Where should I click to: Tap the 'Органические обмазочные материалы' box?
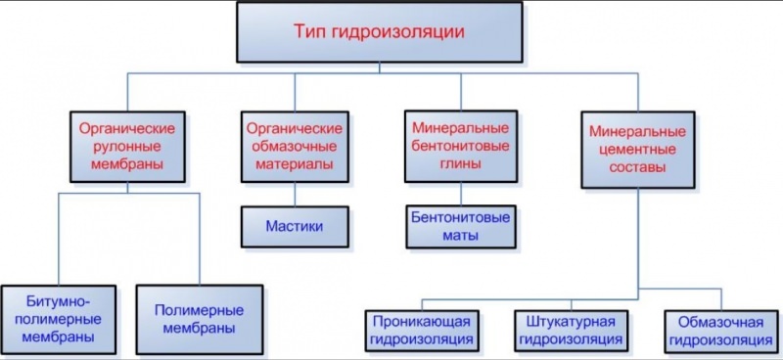coord(295,148)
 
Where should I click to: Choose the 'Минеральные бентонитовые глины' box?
coord(456,148)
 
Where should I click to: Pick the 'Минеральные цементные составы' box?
coord(630,148)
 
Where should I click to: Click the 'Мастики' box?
coord(294,226)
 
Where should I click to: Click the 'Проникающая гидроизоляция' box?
coord(424,330)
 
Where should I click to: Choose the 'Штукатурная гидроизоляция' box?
coord(571,330)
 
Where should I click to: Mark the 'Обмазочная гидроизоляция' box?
coord(717,330)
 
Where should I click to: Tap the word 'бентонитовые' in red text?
coord(456,147)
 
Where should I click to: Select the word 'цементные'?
coord(630,148)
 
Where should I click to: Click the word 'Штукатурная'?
coord(571,321)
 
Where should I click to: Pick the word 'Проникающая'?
coord(424,321)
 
